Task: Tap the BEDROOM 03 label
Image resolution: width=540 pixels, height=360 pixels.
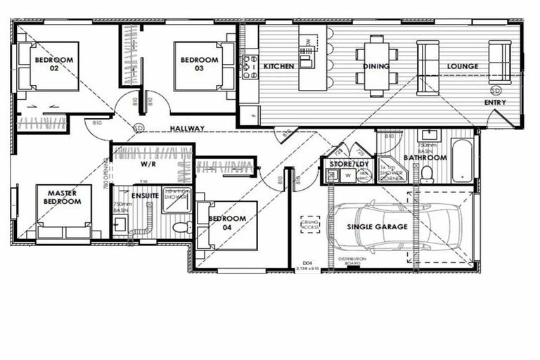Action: pos(199,65)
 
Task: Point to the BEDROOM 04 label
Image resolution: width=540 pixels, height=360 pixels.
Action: pos(227,223)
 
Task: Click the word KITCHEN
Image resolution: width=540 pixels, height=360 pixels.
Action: pos(278,67)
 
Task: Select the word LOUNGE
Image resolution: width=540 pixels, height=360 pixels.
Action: pos(462,67)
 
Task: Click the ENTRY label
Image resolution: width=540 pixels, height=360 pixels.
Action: pos(495,103)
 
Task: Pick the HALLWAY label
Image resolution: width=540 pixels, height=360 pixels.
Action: pos(186,129)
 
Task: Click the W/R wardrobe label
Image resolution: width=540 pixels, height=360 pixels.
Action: pos(148,164)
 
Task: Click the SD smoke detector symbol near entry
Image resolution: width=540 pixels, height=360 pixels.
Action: pos(496,91)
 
